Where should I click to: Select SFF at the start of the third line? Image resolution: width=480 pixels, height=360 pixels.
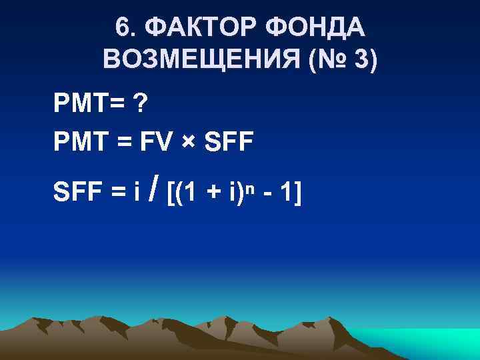tap(79, 193)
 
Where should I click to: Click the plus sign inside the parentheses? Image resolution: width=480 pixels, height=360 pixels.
tap(214, 194)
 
